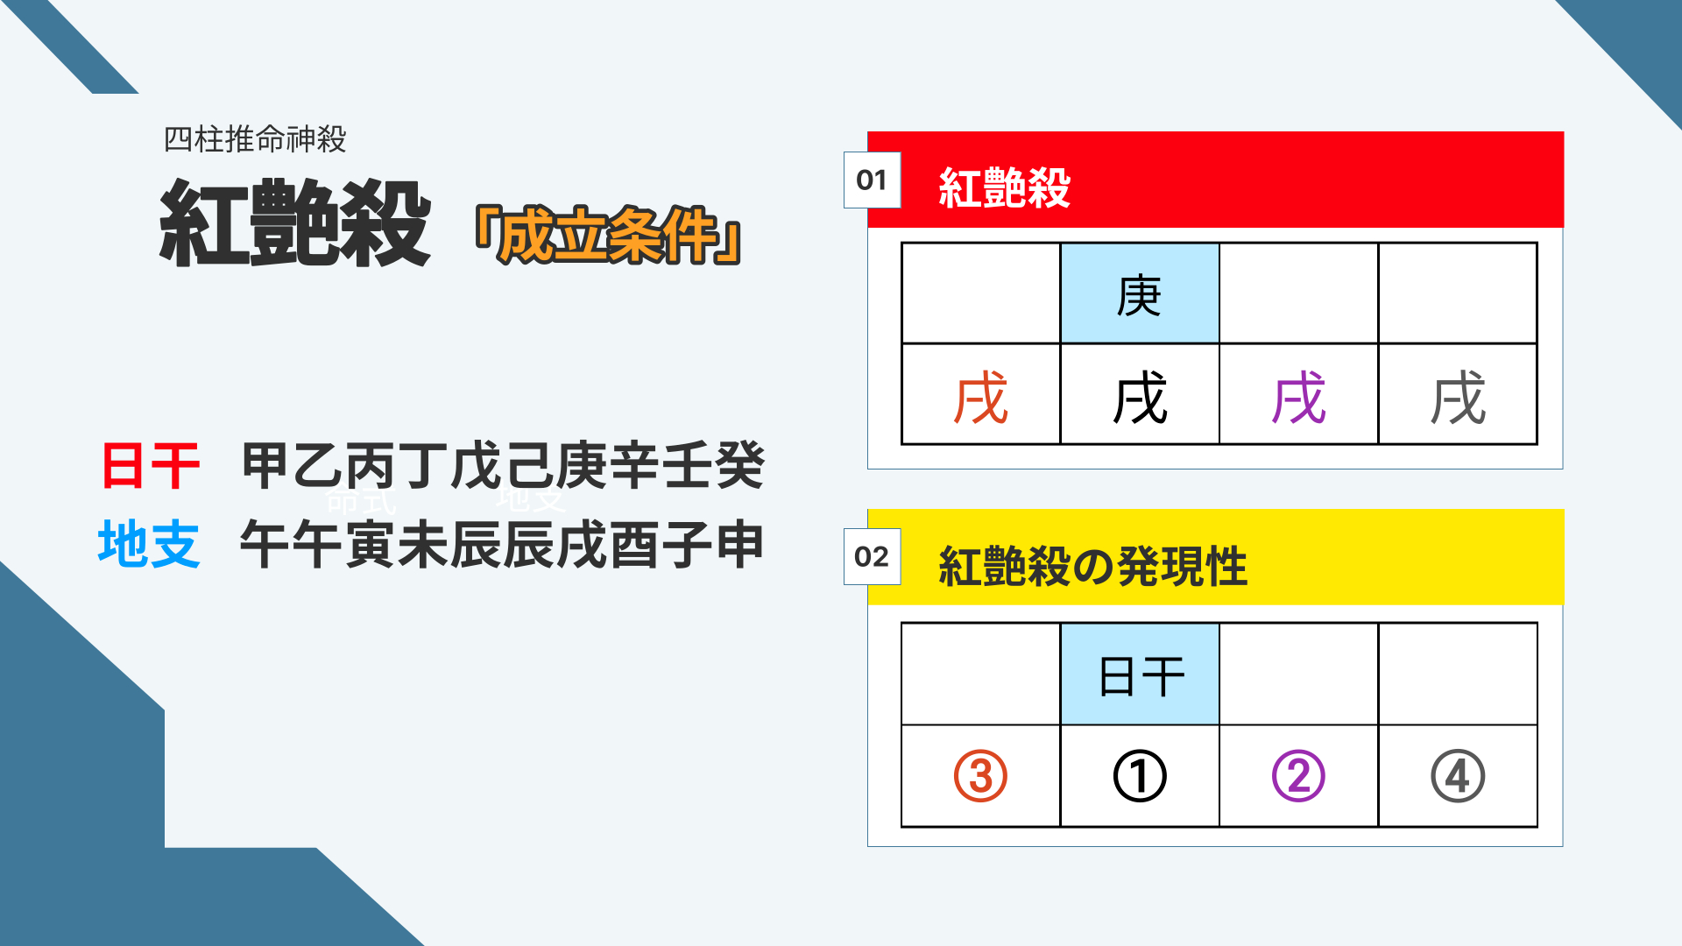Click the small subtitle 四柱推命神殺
[x=255, y=139]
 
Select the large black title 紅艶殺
[x=294, y=223]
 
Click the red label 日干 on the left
[x=151, y=465]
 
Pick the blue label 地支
[x=149, y=544]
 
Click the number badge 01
[x=872, y=180]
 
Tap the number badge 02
[x=872, y=556]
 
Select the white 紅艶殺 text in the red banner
[x=1004, y=187]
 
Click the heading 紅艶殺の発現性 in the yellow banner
[x=1092, y=566]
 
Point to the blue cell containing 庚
[x=1140, y=293]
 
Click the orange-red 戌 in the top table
[x=981, y=397]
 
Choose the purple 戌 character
[x=1298, y=397]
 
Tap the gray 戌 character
[x=1458, y=397]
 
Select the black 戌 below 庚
[x=1140, y=397]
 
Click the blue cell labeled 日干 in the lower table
[x=1140, y=674]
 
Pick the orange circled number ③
[x=980, y=776]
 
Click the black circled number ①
[x=1140, y=776]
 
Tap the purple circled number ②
[x=1298, y=776]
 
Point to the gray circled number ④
[x=1458, y=776]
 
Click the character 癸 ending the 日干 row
[x=740, y=465]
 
